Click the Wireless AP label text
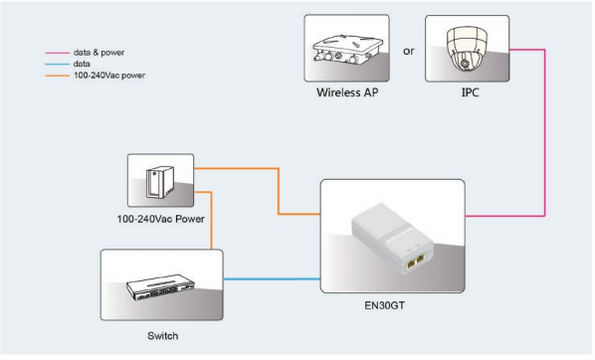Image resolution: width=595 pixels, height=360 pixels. (347, 92)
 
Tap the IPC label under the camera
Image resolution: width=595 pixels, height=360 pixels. (470, 92)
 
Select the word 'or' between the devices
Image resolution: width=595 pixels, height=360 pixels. (408, 51)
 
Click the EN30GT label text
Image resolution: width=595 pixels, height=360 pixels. (384, 305)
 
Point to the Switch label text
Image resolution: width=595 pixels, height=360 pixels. (162, 336)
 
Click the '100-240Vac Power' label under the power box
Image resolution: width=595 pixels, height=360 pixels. (160, 219)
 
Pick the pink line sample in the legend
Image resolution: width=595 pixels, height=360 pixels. (58, 53)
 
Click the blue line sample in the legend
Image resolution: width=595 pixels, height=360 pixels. (58, 64)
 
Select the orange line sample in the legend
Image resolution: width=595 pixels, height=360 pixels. (58, 76)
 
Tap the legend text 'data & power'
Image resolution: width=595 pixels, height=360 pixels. (99, 53)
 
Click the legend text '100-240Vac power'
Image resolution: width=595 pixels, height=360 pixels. (109, 76)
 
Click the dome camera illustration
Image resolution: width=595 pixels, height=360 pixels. (467, 49)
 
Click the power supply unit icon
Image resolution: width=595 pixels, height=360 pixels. (160, 182)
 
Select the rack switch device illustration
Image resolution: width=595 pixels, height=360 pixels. (160, 287)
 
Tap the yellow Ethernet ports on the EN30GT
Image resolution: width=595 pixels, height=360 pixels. (415, 261)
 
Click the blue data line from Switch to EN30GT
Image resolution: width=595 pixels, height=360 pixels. (272, 279)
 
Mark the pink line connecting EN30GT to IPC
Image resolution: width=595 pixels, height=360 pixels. (544, 133)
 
